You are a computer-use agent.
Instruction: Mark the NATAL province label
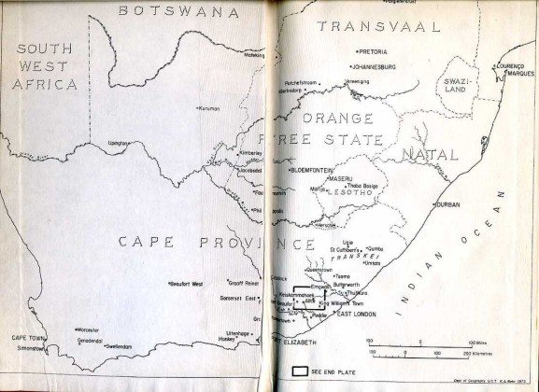pyautogui.click(x=421, y=153)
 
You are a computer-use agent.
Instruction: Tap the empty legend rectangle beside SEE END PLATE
pyautogui.click(x=301, y=371)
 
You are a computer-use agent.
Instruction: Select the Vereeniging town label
pyautogui.click(x=359, y=82)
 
